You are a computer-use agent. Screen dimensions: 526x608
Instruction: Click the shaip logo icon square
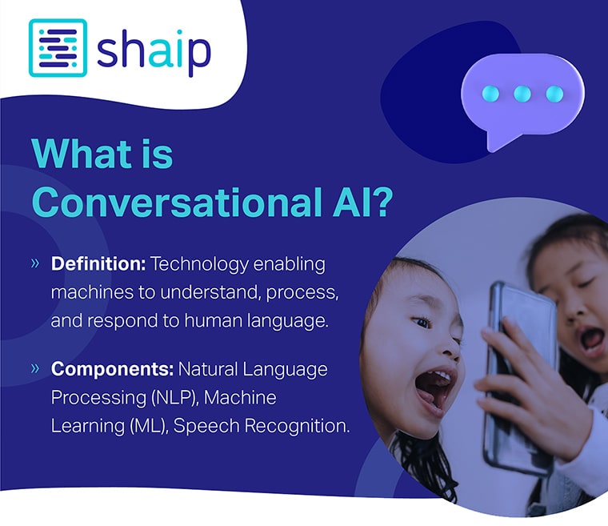58,48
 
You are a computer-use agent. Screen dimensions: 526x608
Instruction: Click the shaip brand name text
154,50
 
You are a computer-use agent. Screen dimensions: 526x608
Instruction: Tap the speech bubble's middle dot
522,94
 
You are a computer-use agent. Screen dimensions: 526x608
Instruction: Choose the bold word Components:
111,369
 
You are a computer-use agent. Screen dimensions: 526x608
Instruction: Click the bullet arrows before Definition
35,263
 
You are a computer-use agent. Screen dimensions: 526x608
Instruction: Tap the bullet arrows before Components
35,368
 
